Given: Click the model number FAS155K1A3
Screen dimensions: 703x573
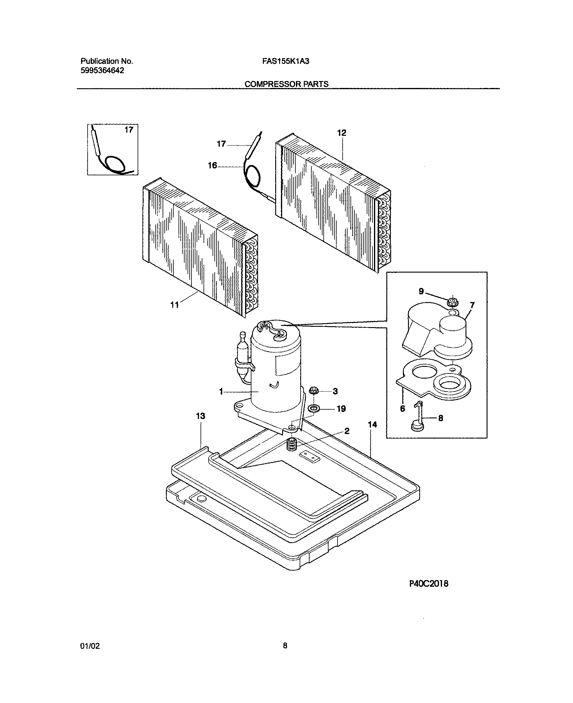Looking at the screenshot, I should point(285,61).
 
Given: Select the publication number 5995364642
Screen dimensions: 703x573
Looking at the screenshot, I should point(102,70).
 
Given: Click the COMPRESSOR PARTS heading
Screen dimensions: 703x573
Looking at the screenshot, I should point(286,84).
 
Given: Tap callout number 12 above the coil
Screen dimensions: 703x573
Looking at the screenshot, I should point(342,133).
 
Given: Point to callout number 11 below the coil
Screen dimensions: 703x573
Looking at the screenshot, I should point(174,305).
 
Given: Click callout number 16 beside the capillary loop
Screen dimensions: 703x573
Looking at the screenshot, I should point(212,165).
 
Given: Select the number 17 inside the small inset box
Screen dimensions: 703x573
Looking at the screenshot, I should point(129,130).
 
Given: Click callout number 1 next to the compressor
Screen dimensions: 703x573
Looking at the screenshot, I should point(221,392).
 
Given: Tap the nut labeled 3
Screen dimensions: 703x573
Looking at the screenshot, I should point(313,391).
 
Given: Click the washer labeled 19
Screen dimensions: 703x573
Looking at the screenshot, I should point(313,409).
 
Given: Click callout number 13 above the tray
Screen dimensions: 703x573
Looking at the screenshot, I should point(200,416).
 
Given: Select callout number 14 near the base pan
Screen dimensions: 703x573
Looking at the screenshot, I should point(372,425).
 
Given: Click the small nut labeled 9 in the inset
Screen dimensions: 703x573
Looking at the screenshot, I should point(453,302).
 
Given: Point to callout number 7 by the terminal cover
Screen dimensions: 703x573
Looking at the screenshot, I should point(472,305).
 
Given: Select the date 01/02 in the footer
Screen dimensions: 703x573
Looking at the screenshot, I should point(90,646).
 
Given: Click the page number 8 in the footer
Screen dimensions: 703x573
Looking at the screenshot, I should point(285,645).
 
